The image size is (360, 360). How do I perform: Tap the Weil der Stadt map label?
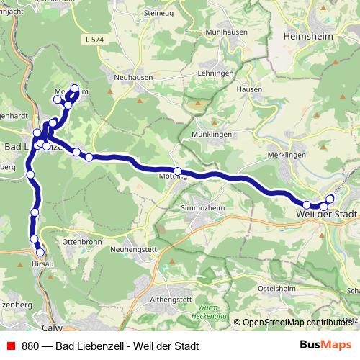[x=326, y=214]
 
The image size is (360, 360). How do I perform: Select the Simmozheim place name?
[x=204, y=207]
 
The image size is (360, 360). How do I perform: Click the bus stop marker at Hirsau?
[x=40, y=252]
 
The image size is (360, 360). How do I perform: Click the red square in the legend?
[x=10, y=346]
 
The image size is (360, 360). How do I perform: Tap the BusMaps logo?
[x=325, y=346]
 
